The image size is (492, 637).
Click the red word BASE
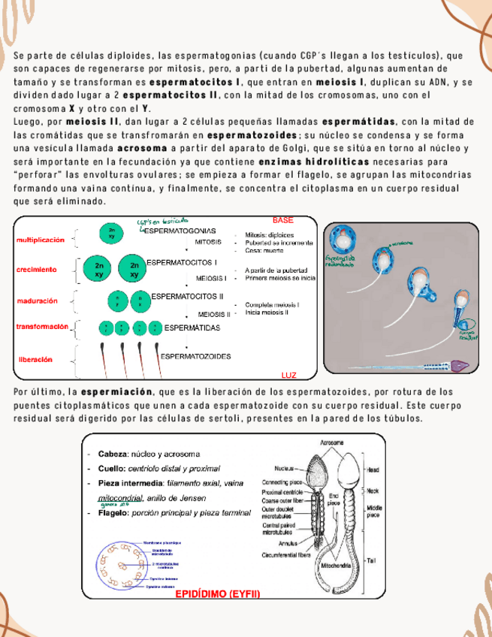tap(282, 220)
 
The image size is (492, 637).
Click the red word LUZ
tap(288, 374)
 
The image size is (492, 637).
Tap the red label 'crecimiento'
tap(36, 269)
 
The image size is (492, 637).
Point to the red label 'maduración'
tap(37, 301)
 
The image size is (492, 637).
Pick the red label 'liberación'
tap(35, 360)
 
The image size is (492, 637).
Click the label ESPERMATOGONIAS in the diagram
tap(180, 230)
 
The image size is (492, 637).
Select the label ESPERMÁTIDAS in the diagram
tap(192, 328)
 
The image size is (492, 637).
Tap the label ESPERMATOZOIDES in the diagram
tap(195, 356)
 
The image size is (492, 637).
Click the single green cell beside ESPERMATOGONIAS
tap(112, 233)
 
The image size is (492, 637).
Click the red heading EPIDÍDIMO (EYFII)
tap(217, 594)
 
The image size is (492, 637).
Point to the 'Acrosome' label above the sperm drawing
tap(334, 443)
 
